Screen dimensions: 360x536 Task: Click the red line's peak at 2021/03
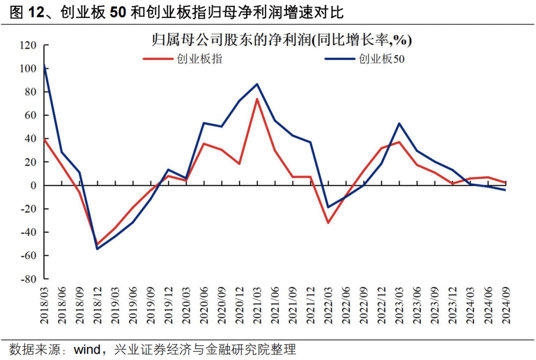[257, 99]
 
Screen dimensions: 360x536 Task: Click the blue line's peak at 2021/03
[257, 83]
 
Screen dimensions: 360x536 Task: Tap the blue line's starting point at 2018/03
[45, 64]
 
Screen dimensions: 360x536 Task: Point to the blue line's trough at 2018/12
[97, 249]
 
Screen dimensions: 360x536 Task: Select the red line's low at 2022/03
[328, 222]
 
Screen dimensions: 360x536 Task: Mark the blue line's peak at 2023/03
[399, 123]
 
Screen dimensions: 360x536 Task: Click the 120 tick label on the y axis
[28, 45]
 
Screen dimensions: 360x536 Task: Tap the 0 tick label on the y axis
[34, 186]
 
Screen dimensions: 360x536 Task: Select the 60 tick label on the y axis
[31, 115]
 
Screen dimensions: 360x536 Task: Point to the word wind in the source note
[87, 349]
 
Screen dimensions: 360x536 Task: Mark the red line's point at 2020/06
[203, 144]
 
